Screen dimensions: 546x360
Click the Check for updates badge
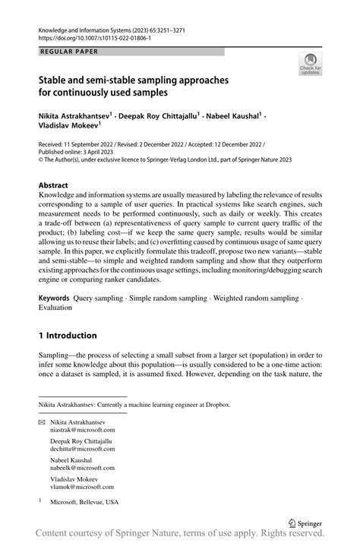(x=310, y=65)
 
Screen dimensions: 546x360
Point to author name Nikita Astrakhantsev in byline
(x=74, y=116)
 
